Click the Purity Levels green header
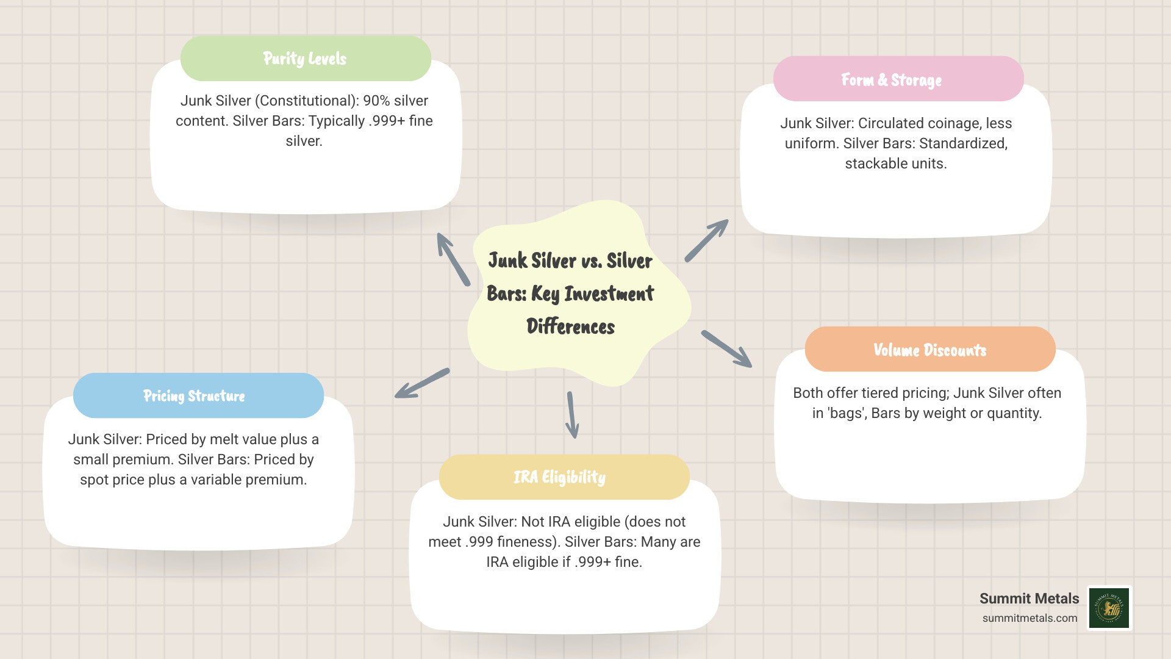[x=306, y=59]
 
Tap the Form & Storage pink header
[x=898, y=79]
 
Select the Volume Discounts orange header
[x=929, y=350]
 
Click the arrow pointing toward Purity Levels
[x=453, y=259]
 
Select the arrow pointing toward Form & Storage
[x=707, y=240]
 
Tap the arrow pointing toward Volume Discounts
[x=727, y=349]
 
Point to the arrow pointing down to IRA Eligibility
[x=571, y=415]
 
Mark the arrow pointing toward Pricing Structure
[x=422, y=384]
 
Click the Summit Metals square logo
[x=1109, y=608]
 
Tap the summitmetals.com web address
[x=1030, y=618]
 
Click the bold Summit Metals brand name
[x=1029, y=599]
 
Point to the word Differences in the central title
[x=570, y=326]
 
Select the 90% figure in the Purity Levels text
[x=376, y=101]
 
